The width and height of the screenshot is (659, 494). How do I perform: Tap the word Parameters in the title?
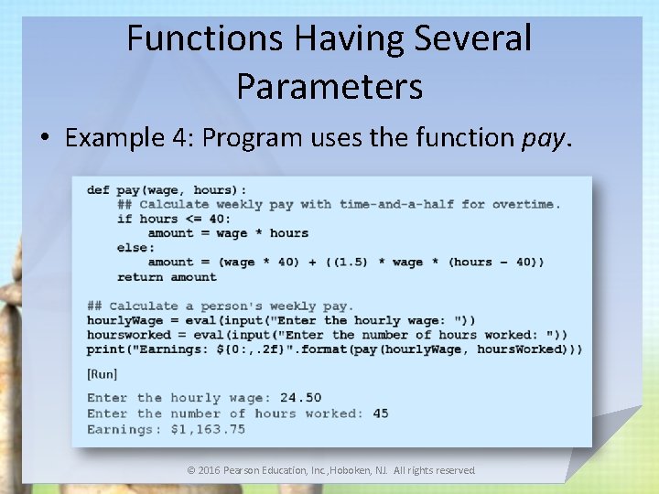(329, 86)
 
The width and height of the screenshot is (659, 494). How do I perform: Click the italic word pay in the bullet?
(545, 138)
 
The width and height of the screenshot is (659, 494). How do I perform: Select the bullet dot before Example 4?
(45, 139)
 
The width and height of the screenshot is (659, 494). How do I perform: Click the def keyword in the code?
(98, 189)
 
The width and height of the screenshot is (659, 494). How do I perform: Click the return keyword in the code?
(140, 276)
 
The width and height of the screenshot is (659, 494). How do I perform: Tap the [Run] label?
(102, 373)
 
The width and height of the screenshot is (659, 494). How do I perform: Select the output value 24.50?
(301, 398)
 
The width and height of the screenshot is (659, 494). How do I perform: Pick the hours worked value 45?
(380, 413)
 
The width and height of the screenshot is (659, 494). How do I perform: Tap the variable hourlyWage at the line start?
(124, 320)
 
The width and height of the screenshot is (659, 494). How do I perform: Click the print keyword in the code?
(105, 349)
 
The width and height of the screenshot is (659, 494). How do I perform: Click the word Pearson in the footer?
(247, 470)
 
